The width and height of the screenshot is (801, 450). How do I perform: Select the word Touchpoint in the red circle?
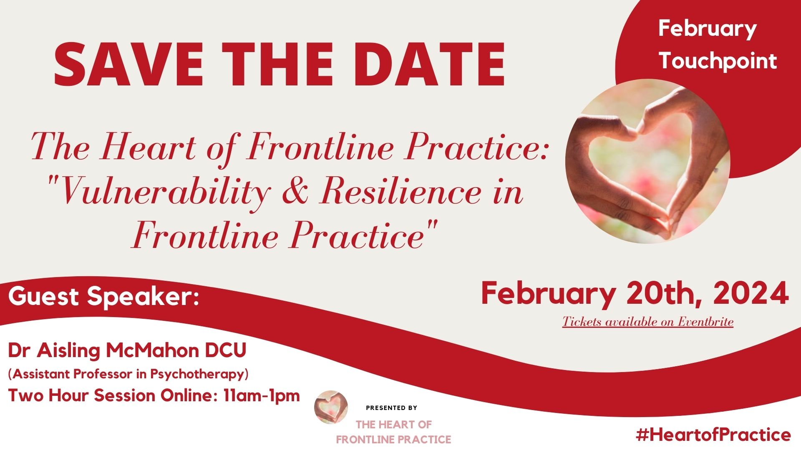coord(718,61)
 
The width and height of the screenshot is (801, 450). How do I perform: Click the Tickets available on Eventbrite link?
coord(648,322)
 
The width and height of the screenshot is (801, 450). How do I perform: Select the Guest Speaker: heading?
coord(103,296)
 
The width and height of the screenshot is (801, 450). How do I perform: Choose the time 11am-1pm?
coord(262,395)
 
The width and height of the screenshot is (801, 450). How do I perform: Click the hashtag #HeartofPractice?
coord(713,435)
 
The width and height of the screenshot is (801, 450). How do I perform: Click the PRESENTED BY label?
coord(391,408)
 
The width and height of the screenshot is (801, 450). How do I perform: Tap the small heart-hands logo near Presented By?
coord(331,407)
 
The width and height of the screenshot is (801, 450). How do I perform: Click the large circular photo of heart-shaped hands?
coord(648,161)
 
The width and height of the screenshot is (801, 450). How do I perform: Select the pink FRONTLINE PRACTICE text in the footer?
coord(393,440)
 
